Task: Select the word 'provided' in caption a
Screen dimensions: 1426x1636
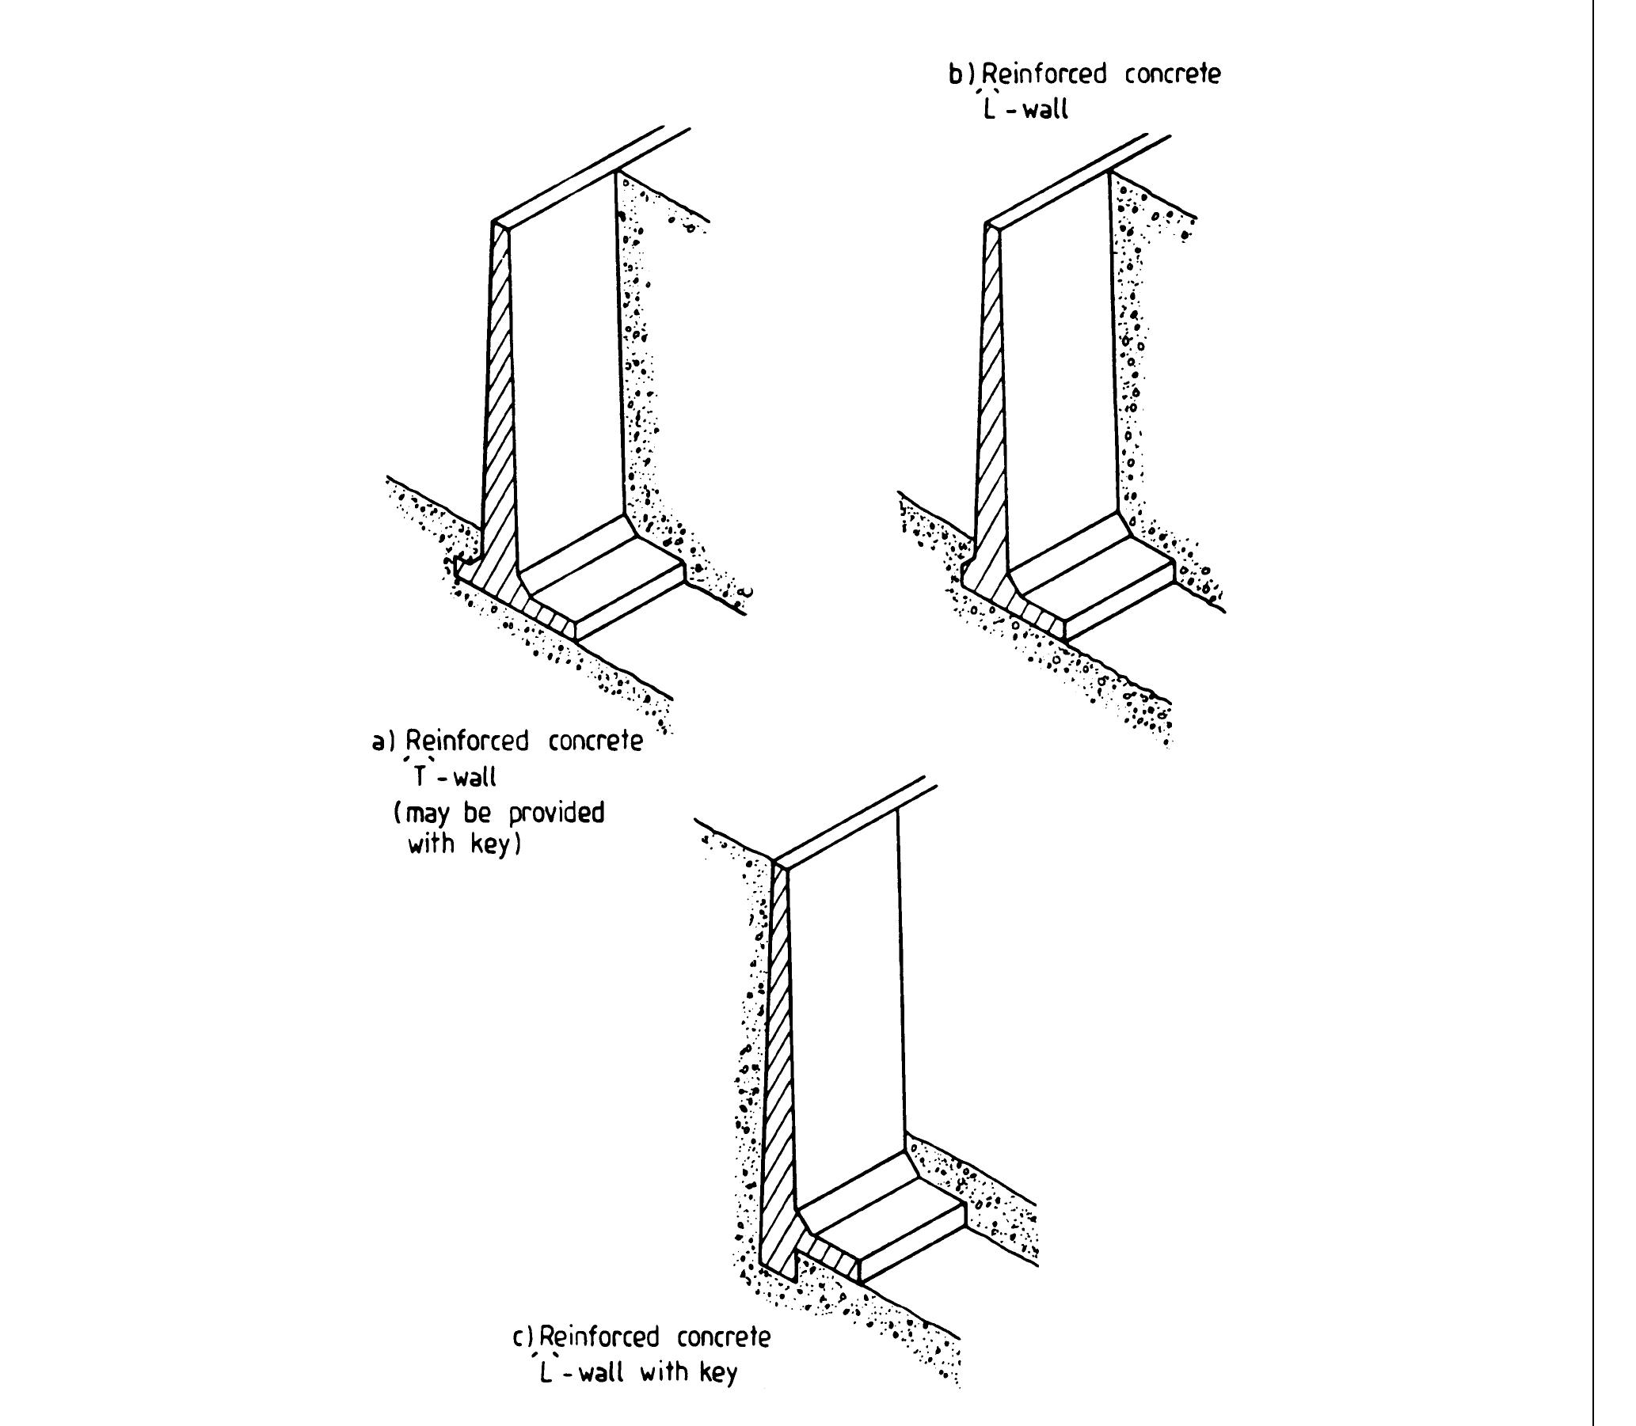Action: [x=557, y=814]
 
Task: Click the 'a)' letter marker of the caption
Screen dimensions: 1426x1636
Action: [x=384, y=742]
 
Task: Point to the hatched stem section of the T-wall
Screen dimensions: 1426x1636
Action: [x=498, y=398]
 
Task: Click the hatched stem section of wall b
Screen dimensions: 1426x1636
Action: [x=990, y=398]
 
